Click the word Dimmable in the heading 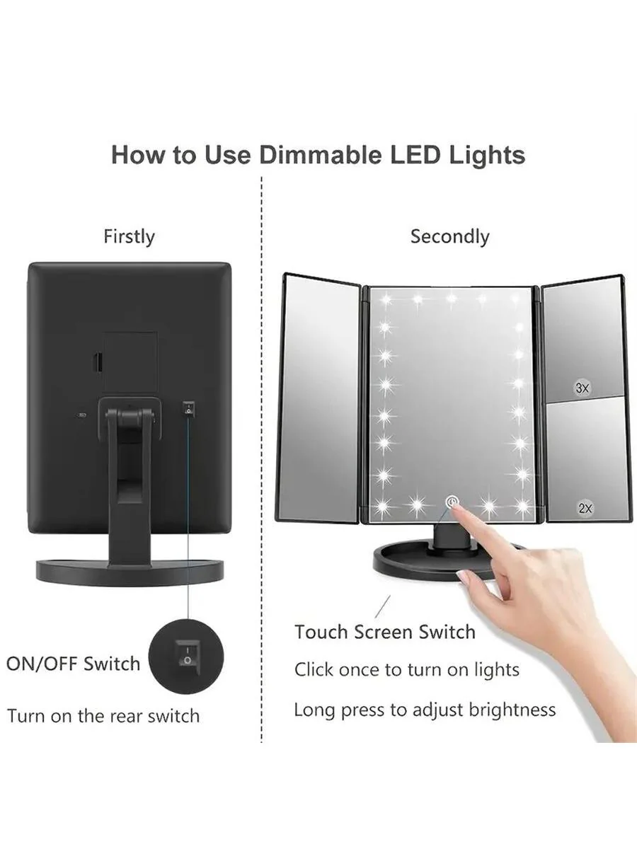[x=321, y=155]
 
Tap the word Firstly [x=130, y=237]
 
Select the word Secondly [x=450, y=237]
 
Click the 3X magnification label [x=582, y=388]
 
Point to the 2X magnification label [x=585, y=508]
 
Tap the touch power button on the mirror [x=452, y=502]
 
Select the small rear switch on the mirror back [x=188, y=408]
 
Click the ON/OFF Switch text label [x=73, y=664]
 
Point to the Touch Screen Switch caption [x=385, y=632]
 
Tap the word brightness [x=512, y=710]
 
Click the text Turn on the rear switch [x=103, y=716]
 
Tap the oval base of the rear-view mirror [x=130, y=572]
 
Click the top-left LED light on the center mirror [x=386, y=299]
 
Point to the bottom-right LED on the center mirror [x=522, y=505]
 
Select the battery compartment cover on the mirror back [x=130, y=362]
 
